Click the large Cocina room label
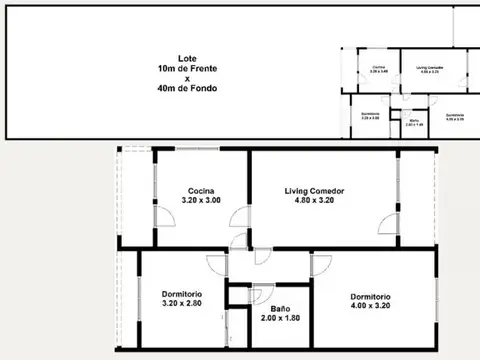pos(203,191)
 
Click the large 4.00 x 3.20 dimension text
pos(370,307)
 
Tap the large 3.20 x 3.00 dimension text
pos(203,201)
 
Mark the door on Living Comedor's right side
pos(385,225)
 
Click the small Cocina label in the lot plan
pos(379,67)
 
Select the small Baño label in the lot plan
pos(414,121)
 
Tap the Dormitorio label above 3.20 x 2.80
pos(182,293)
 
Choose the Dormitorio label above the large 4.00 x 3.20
pos(370,297)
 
